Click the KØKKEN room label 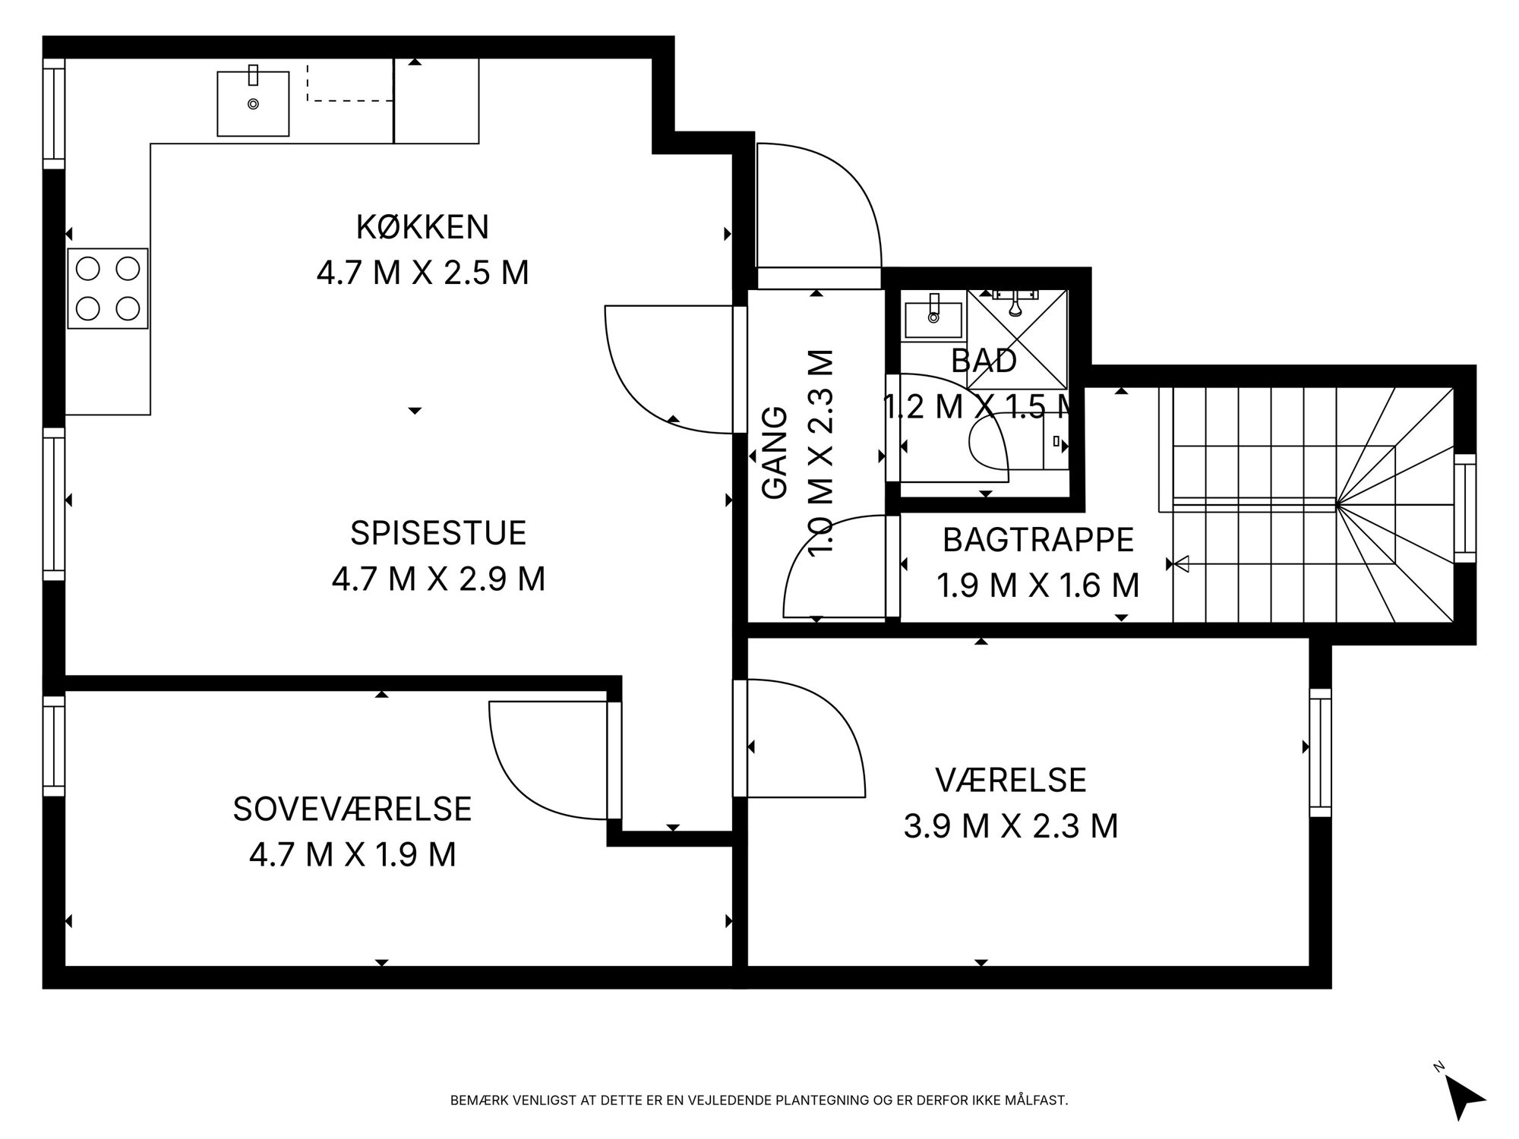tap(422, 227)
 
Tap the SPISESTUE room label tap(438, 533)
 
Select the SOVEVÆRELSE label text tap(352, 809)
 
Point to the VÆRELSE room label tap(1011, 780)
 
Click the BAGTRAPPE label tap(1038, 540)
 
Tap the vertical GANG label tap(775, 453)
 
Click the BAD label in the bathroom tap(984, 361)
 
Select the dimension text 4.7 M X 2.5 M tap(422, 273)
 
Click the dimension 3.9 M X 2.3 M tap(1011, 826)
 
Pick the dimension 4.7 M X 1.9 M tap(352, 855)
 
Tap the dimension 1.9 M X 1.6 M tap(1038, 585)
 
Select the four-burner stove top tap(108, 289)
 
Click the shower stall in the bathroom tap(1018, 339)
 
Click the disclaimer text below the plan tap(759, 1100)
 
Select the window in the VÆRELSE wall tap(1321, 752)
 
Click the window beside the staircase tap(1465, 508)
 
